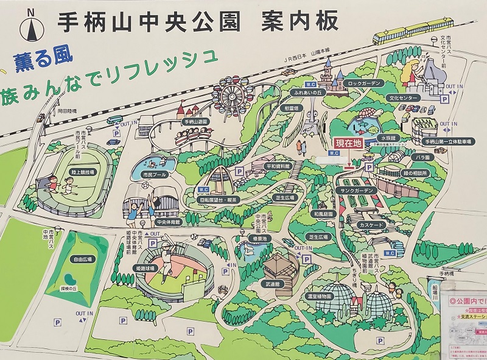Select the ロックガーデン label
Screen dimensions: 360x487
pyautogui.click(x=364, y=83)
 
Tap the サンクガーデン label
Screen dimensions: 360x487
pyautogui.click(x=357, y=190)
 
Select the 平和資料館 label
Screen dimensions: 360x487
pyautogui.click(x=278, y=166)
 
